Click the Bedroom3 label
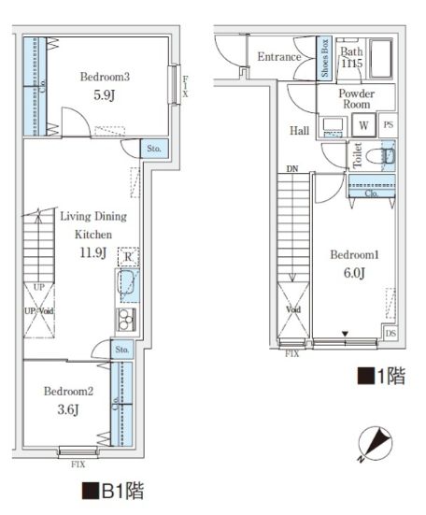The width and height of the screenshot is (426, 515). pyautogui.click(x=104, y=76)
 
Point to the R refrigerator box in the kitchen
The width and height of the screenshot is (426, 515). pyautogui.click(x=126, y=258)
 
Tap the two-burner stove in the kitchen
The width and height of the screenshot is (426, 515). pyautogui.click(x=126, y=319)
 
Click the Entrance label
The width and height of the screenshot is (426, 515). pyautogui.click(x=278, y=57)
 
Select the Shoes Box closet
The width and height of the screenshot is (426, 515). pyautogui.click(x=323, y=58)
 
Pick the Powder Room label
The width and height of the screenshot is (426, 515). pyautogui.click(x=355, y=99)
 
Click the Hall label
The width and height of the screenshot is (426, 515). pyautogui.click(x=299, y=131)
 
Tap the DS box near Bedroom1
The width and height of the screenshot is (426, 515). pyautogui.click(x=389, y=334)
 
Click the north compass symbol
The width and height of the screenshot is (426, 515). pyautogui.click(x=375, y=442)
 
